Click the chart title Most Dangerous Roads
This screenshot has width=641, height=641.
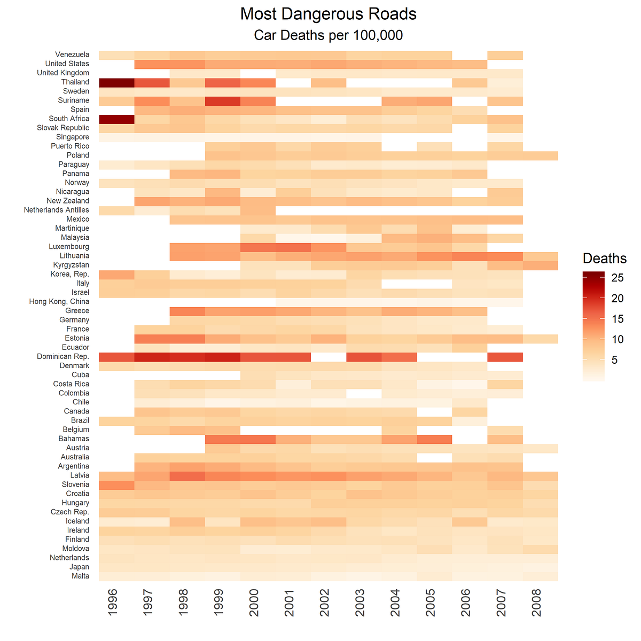tap(328, 14)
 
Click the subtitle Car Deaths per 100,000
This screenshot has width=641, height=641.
tap(328, 36)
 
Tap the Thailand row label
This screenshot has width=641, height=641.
tap(75, 82)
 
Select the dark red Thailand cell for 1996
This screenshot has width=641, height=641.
tap(116, 82)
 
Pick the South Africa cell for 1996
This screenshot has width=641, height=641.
tap(116, 119)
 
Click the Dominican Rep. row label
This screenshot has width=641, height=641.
tap(63, 357)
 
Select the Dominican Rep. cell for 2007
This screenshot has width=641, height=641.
tap(505, 357)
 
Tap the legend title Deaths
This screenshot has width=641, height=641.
tap(604, 259)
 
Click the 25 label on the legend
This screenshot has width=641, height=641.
tap(617, 278)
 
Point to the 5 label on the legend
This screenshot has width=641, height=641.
tap(614, 360)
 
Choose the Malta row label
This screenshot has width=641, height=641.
tap(80, 576)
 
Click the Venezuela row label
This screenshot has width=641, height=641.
tap(72, 54)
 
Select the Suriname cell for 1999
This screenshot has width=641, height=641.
tap(222, 100)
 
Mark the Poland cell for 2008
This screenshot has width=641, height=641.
tap(540, 155)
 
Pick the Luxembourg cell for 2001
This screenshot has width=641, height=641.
tap(293, 247)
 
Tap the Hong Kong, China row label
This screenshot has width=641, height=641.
tap(59, 302)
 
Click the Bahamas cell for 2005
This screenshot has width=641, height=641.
tap(434, 439)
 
